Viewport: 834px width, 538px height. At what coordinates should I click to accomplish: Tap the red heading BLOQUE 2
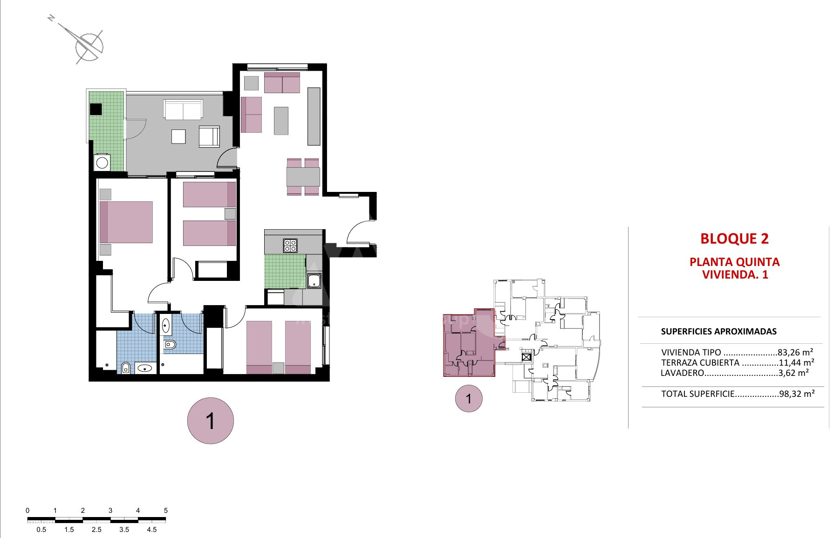coord(734,238)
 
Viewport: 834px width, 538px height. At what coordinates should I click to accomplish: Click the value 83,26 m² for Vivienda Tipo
coord(795,352)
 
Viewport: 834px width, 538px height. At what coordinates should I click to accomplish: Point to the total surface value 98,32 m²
coord(797,394)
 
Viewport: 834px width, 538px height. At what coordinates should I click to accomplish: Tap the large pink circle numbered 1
coord(210,421)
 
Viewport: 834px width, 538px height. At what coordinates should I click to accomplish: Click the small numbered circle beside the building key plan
coord(469,399)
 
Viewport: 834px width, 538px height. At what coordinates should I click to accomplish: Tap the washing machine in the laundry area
coord(102,163)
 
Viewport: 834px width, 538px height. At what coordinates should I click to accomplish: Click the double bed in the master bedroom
coord(126,222)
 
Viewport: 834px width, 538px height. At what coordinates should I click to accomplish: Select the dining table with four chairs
coord(303,177)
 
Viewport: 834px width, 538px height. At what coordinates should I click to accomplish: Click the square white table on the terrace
coord(179,136)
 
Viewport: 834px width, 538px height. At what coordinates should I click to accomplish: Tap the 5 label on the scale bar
coord(166,511)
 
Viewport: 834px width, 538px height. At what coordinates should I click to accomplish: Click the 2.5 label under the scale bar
coord(96,530)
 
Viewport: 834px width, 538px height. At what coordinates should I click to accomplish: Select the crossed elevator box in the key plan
coord(526,357)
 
